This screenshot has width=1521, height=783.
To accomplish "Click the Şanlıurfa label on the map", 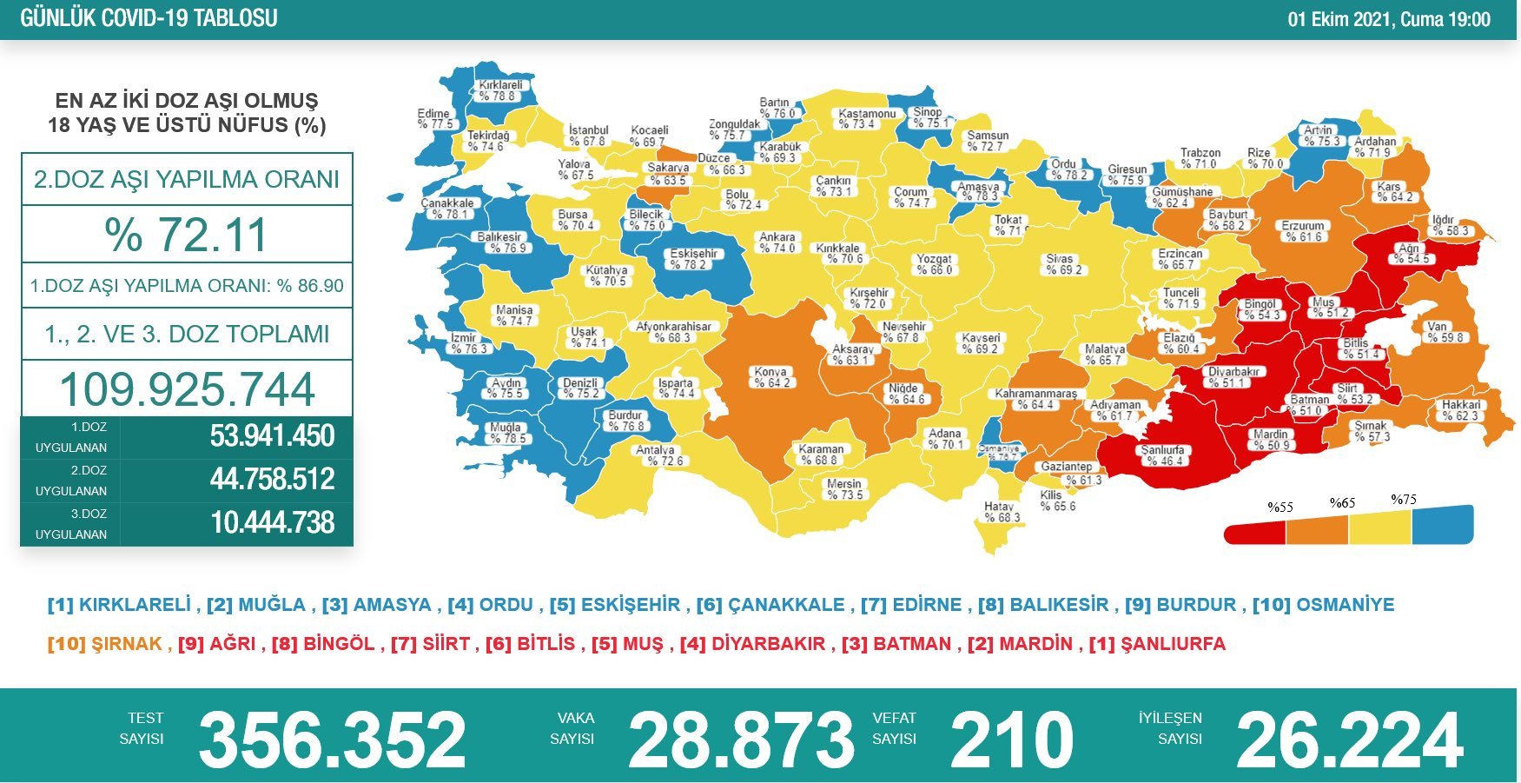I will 1162,455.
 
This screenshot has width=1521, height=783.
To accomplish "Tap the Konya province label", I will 771,377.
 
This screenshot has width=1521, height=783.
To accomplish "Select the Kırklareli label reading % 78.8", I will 500,90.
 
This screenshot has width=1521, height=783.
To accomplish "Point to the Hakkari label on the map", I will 1461,410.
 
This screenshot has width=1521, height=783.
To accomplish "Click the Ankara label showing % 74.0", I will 777,242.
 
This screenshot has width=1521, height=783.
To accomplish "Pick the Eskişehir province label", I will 693,259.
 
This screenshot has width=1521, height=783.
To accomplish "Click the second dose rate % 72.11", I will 187,235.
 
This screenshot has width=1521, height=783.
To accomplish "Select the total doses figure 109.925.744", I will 187,388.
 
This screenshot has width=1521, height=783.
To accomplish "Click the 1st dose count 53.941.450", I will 272,436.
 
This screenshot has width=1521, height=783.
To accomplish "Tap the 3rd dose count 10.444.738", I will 272,523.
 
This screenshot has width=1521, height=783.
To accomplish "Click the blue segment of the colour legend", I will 1442,525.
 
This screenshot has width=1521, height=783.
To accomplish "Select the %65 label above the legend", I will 1342,502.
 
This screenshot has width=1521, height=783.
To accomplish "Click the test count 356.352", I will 332,740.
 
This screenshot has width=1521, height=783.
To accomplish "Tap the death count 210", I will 1011,740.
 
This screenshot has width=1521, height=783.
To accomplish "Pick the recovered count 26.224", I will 1349,740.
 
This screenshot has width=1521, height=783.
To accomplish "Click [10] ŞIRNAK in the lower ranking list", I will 105,644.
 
